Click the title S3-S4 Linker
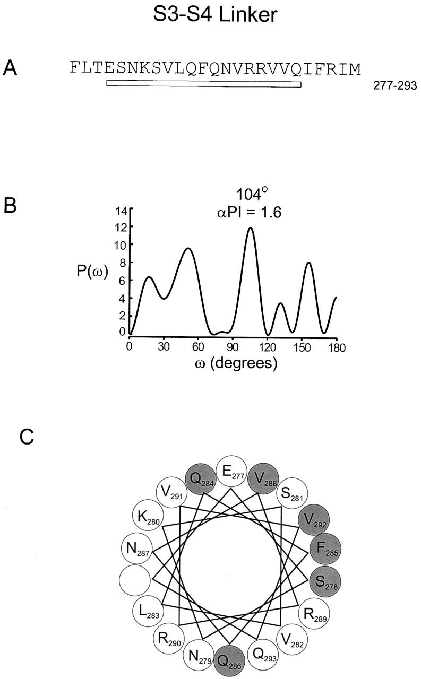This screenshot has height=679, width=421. pyautogui.click(x=215, y=14)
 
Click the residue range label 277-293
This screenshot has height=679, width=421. pyautogui.click(x=395, y=86)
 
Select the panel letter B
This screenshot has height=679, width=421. pyautogui.click(x=10, y=205)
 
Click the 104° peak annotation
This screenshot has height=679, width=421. pyautogui.click(x=252, y=194)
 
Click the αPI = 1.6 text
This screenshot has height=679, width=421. pyautogui.click(x=250, y=213)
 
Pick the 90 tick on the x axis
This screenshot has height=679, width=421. pyautogui.click(x=233, y=346)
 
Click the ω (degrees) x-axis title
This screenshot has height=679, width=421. pyautogui.click(x=236, y=363)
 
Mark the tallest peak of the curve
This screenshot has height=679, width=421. pyautogui.click(x=251, y=227)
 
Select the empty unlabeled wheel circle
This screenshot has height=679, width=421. pyautogui.click(x=135, y=580)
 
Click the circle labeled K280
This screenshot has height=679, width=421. pyautogui.click(x=148, y=515)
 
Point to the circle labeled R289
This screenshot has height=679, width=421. pyautogui.click(x=314, y=614)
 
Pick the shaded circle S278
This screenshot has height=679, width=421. pyautogui.click(x=325, y=581)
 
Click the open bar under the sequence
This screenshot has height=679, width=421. pyautogui.click(x=204, y=83)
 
